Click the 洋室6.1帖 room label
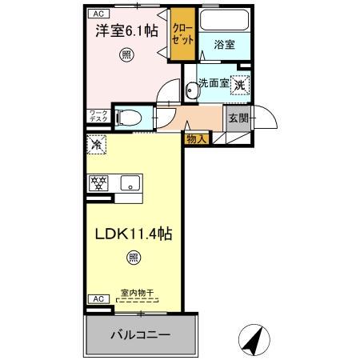(126, 32)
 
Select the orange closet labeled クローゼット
(182, 36)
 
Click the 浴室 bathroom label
(225, 46)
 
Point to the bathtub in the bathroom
(225, 21)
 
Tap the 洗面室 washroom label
(214, 82)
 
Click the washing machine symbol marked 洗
(241, 83)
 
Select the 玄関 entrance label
(238, 119)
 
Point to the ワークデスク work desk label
(98, 117)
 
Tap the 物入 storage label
(196, 139)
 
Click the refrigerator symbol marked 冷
(96, 146)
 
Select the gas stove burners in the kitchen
(98, 182)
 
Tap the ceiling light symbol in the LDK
(133, 258)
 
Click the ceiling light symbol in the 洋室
(126, 54)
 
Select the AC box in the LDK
(98, 298)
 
